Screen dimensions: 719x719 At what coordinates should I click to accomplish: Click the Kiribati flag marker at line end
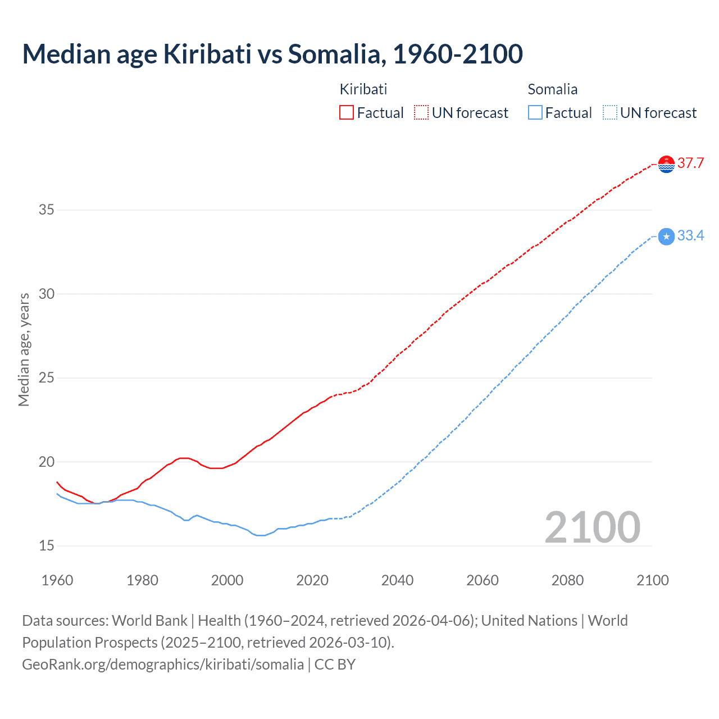(x=666, y=164)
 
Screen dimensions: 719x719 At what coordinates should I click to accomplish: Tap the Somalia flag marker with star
(x=666, y=236)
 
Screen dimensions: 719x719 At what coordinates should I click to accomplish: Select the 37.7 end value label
(x=690, y=163)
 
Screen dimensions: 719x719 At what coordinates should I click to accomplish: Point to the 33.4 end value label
(x=690, y=236)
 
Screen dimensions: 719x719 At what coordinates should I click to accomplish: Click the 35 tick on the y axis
(x=46, y=210)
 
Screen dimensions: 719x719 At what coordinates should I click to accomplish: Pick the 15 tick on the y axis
(x=46, y=545)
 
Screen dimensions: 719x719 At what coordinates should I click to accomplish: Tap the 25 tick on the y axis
(x=46, y=377)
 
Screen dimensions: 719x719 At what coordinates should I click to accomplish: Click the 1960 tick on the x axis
(x=57, y=580)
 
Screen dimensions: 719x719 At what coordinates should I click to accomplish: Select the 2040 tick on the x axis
(x=397, y=580)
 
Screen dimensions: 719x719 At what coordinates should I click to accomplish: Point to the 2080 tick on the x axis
(x=567, y=580)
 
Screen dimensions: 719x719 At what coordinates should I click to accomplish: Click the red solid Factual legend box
(x=347, y=113)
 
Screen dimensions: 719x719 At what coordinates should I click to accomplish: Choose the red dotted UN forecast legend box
(x=421, y=113)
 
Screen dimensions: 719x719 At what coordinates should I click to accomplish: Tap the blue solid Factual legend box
(x=535, y=113)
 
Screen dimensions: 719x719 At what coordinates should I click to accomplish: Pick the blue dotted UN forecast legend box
(x=609, y=113)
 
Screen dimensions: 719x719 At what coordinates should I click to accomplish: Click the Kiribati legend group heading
(x=363, y=89)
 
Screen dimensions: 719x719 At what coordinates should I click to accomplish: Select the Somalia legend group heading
(x=552, y=89)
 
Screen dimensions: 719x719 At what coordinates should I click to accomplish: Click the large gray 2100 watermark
(x=592, y=527)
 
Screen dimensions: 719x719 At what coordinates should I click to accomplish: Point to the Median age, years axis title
(x=24, y=349)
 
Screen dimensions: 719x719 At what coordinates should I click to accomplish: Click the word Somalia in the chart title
(x=336, y=54)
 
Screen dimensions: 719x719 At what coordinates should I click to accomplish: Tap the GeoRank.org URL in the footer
(x=163, y=665)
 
